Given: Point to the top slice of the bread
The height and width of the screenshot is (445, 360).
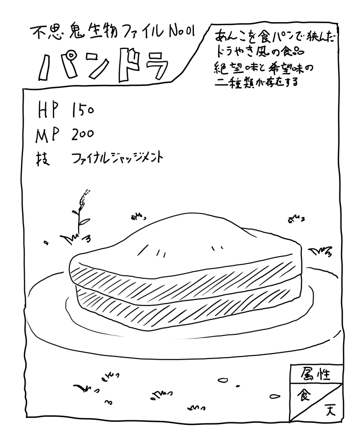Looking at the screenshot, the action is point(185,247).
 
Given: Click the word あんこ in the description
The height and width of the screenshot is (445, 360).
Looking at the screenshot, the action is point(228,38).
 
